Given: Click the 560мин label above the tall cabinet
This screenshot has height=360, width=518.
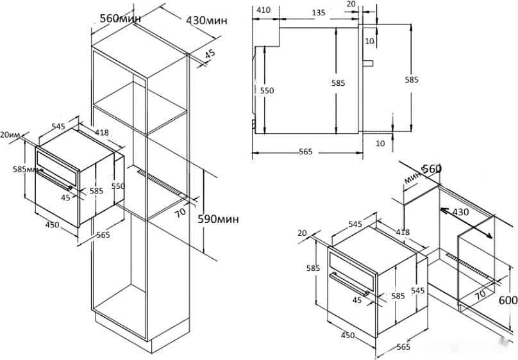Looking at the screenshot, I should point(121,18).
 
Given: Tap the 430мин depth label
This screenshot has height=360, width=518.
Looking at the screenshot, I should point(206,20).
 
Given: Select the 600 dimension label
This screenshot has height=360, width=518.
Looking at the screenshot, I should point(508,300).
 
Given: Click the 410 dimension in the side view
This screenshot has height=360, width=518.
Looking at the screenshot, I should point(263,10).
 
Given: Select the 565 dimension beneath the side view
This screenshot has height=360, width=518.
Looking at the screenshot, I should point(305,152).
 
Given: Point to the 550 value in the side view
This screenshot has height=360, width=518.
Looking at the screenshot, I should point(267,91).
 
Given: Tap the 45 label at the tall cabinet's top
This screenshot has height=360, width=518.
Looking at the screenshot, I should point(210,56).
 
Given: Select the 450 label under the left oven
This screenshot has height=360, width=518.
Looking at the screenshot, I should point(52,224).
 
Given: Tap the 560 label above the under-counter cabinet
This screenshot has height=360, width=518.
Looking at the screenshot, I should point(431,169).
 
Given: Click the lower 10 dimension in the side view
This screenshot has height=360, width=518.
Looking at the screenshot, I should point(381,143).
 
